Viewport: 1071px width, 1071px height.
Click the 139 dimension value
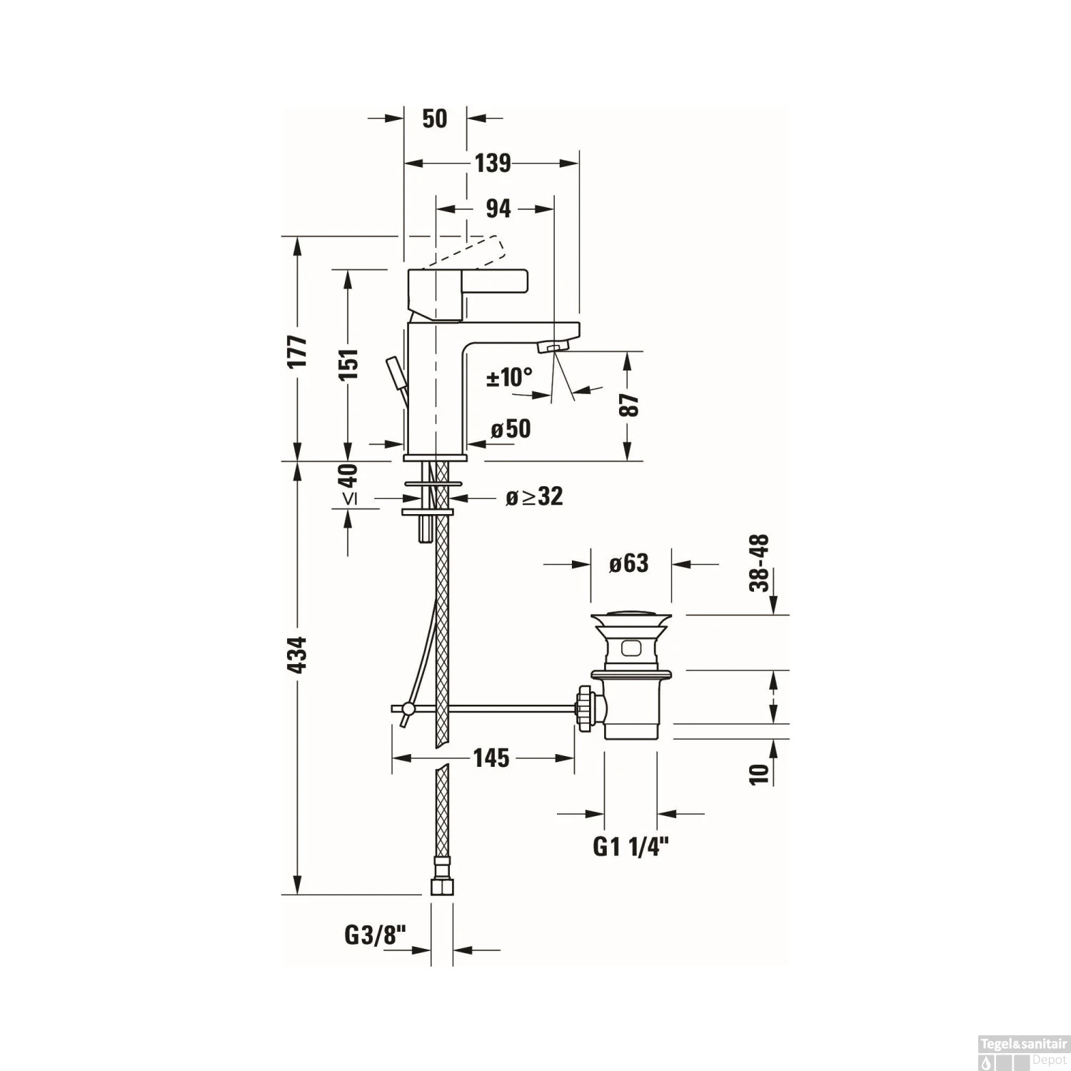(493, 164)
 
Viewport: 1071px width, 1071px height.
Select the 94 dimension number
(498, 208)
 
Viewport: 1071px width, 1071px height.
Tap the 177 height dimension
(297, 351)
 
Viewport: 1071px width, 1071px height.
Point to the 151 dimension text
(348, 364)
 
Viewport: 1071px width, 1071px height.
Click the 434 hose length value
(297, 654)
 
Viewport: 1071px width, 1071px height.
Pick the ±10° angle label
(510, 376)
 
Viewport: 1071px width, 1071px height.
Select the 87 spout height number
(629, 405)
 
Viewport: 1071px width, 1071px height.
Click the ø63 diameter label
(628, 563)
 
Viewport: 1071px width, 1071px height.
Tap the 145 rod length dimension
(491, 758)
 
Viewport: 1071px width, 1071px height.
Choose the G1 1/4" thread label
(630, 847)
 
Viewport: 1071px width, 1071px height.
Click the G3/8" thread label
(375, 935)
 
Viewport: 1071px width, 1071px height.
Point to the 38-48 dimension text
(760, 563)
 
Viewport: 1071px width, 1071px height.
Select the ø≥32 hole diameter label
(534, 496)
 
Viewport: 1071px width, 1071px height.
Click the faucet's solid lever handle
(468, 291)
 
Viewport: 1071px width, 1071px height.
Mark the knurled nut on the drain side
(585, 708)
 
